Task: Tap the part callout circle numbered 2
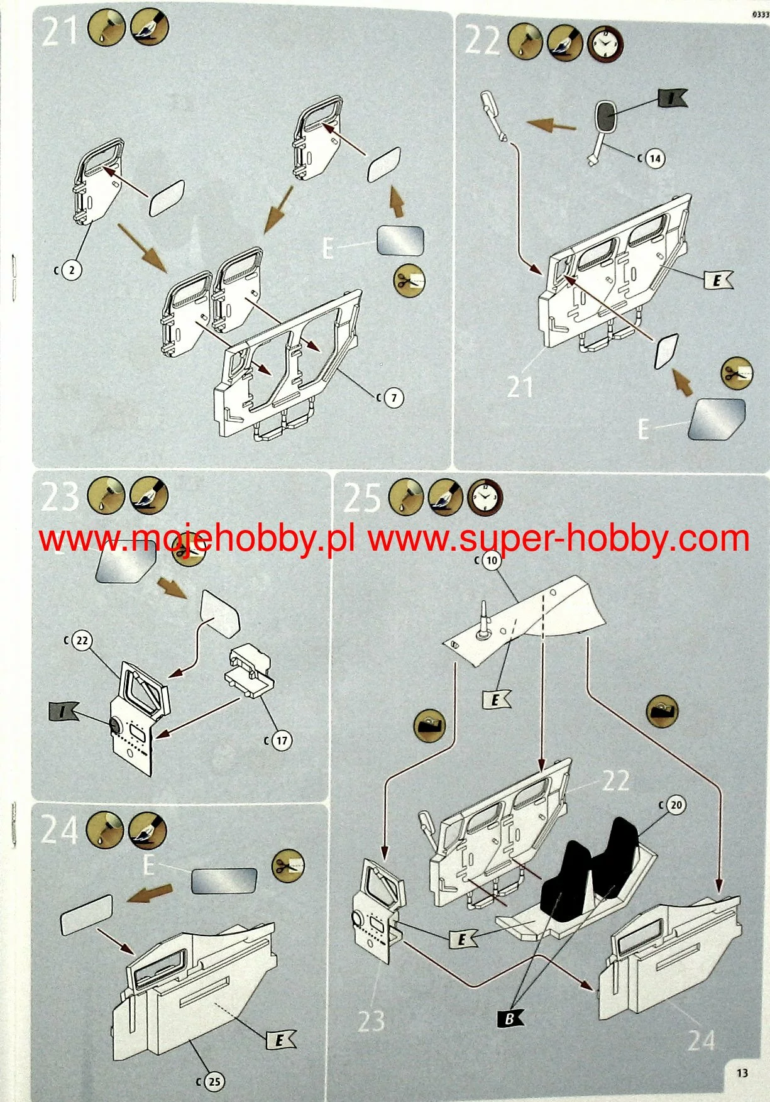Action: point(72,270)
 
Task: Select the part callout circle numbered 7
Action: point(393,397)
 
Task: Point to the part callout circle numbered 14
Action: point(655,158)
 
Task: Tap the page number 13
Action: point(742,1072)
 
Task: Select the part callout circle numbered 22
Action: point(82,641)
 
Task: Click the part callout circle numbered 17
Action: point(281,741)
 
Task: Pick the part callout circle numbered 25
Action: point(214,1081)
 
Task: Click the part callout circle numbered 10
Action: point(492,560)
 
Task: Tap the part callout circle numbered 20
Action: point(676,805)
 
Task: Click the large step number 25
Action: point(361,499)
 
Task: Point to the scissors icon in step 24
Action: point(288,866)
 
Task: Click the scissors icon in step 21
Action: point(409,280)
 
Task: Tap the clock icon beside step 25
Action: point(485,498)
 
